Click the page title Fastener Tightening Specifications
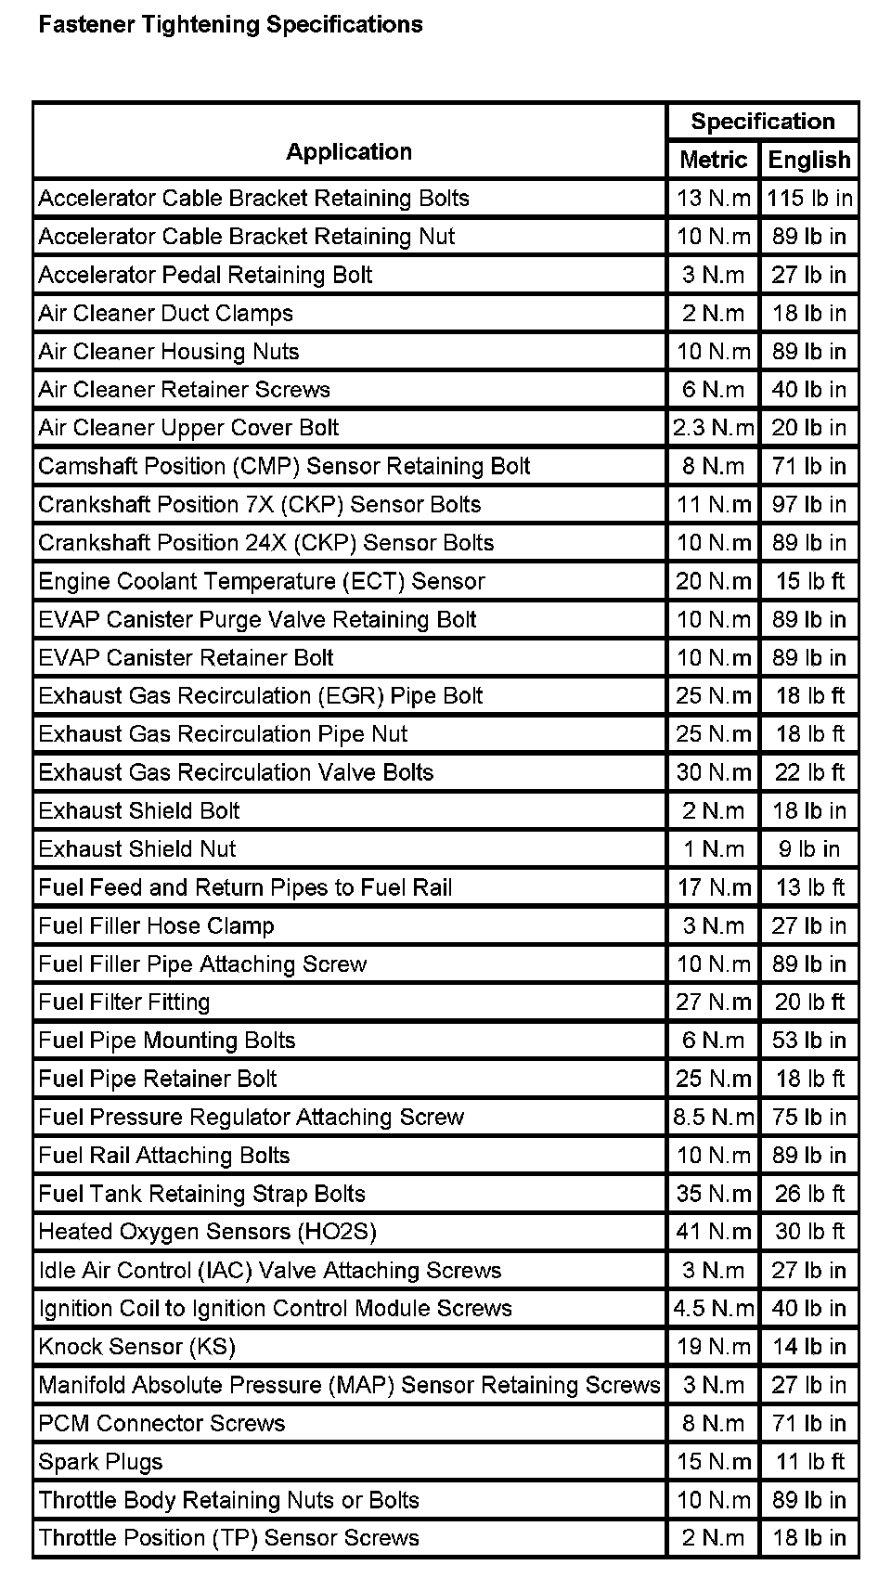(x=230, y=25)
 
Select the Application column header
(x=349, y=151)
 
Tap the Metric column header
(x=713, y=160)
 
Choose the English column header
(x=809, y=160)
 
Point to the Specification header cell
(x=763, y=122)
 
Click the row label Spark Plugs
(x=100, y=1462)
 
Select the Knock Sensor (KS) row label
(x=136, y=1347)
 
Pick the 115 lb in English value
(x=809, y=198)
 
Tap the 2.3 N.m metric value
(x=713, y=428)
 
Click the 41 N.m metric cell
(x=713, y=1232)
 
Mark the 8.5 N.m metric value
(x=713, y=1117)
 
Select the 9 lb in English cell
(x=809, y=849)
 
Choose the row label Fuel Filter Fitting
(x=124, y=1002)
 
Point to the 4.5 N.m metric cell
(x=713, y=1309)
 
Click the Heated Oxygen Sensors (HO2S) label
(x=207, y=1232)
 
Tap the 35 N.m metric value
(x=713, y=1194)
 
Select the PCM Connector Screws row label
(x=161, y=1424)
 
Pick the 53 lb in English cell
(x=809, y=1041)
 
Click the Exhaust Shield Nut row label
(x=137, y=849)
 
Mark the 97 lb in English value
(x=809, y=505)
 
